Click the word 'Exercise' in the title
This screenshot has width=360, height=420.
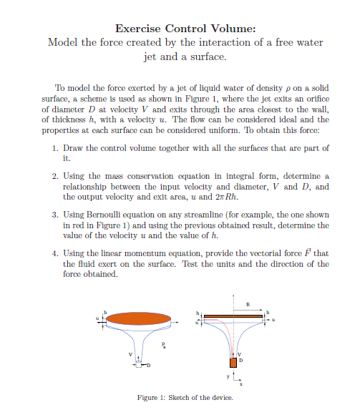tap(137, 29)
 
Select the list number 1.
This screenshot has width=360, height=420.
tap(57, 147)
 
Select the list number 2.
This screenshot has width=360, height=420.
tap(57, 176)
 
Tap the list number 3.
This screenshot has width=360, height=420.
tap(57, 215)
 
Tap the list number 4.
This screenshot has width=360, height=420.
tap(57, 253)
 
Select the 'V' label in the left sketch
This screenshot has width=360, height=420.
tap(130, 353)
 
